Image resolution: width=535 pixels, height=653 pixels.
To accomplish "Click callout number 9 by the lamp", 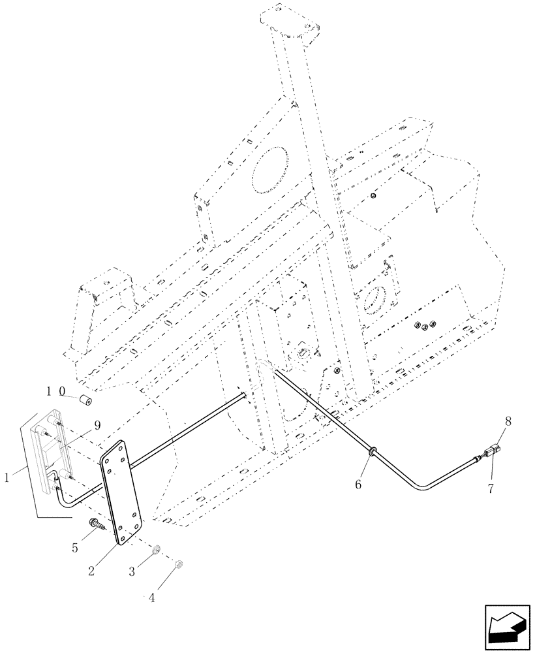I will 97,425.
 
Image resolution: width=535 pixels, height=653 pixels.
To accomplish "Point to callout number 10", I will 55,392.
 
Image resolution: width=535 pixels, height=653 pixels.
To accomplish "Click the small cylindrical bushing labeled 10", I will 85,400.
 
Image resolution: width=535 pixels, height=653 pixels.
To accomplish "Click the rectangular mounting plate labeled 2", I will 120,490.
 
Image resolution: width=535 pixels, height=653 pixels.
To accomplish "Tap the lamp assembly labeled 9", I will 52,451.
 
